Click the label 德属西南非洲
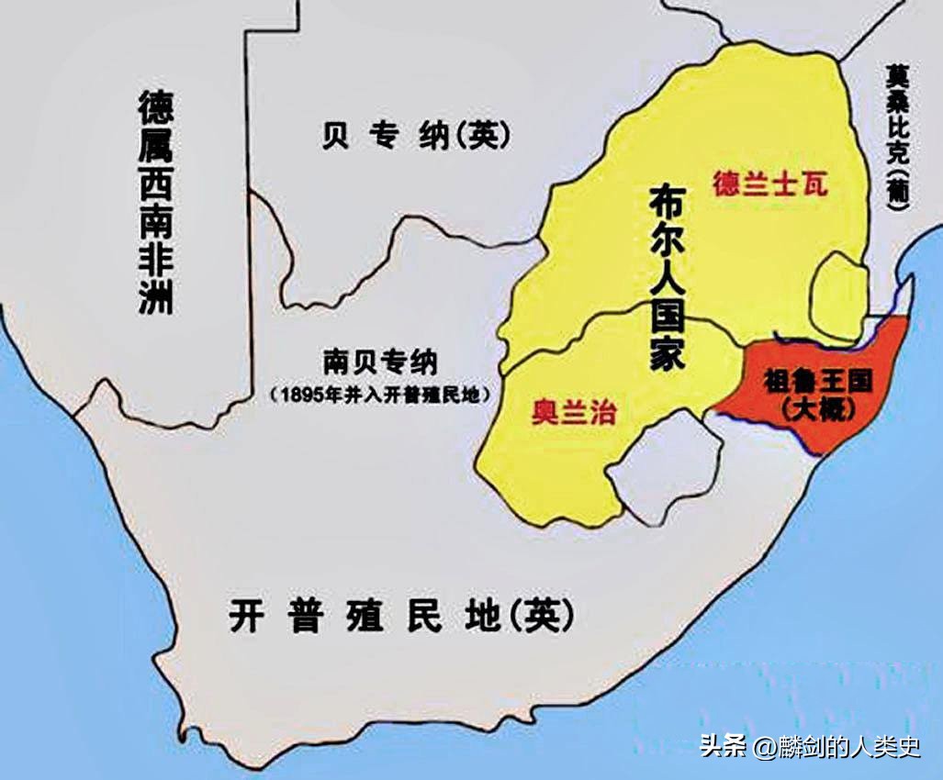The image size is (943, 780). coord(156,202)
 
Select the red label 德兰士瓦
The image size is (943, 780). coord(769,184)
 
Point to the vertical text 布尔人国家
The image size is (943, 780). coord(668,276)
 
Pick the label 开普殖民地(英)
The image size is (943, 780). coord(401,616)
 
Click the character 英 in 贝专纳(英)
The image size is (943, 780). coord(487,135)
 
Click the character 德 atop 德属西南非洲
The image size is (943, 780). coord(156,108)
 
